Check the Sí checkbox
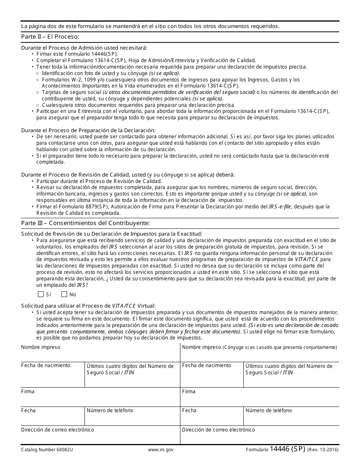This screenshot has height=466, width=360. pyautogui.click(x=41, y=294)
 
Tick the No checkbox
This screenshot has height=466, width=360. pyautogui.click(x=64, y=294)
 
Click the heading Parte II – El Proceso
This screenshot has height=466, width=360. pyautogui.click(x=50, y=37)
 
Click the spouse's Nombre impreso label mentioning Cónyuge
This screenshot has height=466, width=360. pyautogui.click(x=259, y=347)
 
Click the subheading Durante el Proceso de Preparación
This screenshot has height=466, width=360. pyautogui.click(x=88, y=130)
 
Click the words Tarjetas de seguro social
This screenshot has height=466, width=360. pyautogui.click(x=72, y=92)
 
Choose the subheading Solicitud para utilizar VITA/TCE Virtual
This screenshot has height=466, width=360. pyautogui.click(x=88, y=306)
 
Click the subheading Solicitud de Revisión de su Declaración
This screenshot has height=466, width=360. pyautogui.click(x=112, y=234)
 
